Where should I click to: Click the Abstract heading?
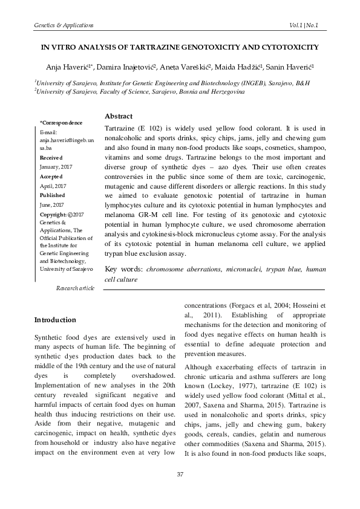(119, 116)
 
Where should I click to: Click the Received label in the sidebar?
(51, 155)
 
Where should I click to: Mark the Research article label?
(74, 288)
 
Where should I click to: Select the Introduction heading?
(55, 319)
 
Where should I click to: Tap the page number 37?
(180, 490)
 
